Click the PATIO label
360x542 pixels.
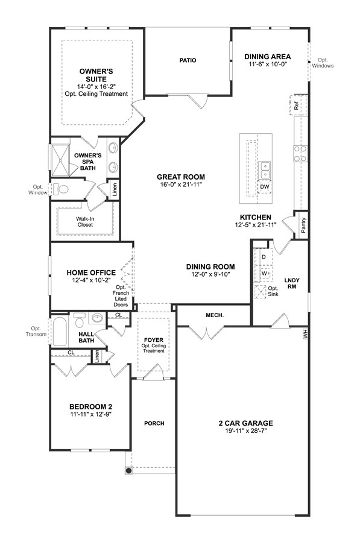[188, 60]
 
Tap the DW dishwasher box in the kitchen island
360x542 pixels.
[265, 187]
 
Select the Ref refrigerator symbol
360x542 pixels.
[298, 105]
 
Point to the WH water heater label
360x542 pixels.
[305, 334]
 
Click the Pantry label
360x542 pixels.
[303, 225]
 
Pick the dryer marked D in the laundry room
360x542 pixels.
[264, 257]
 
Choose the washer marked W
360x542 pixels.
[264, 274]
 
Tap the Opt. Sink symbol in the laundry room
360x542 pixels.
[260, 292]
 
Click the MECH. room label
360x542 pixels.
[215, 315]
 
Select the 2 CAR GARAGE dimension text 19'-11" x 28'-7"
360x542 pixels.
[246, 431]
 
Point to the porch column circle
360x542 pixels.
[128, 470]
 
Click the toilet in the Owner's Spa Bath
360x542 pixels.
[61, 189]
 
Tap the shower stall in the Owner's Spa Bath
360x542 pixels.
[60, 160]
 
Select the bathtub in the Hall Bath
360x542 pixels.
[60, 332]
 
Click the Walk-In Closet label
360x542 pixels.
[85, 222]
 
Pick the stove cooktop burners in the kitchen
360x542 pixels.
[300, 154]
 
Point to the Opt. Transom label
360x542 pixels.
[36, 332]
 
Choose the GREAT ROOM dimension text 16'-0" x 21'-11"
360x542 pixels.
[181, 184]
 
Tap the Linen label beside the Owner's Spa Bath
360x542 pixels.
[115, 189]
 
